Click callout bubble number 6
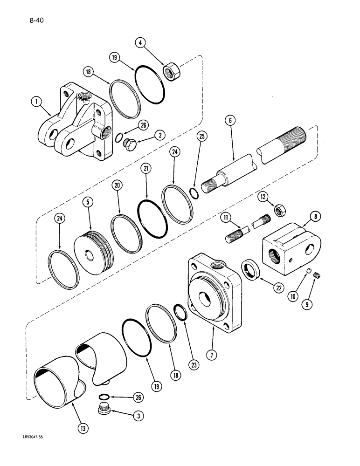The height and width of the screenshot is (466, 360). [230, 121]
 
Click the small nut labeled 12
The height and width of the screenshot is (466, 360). [279, 211]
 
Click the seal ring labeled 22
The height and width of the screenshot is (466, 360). [251, 270]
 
